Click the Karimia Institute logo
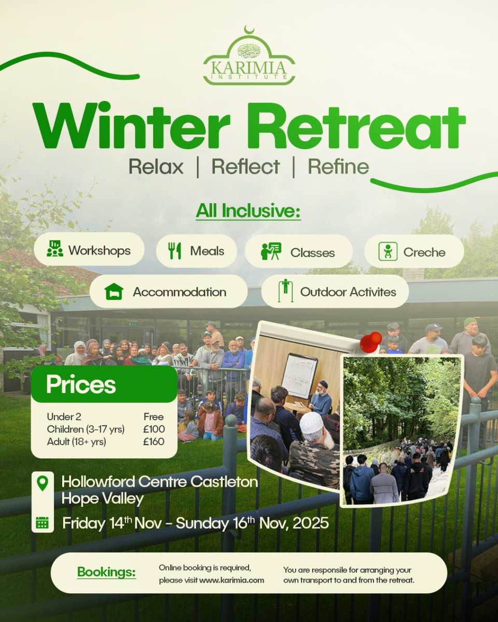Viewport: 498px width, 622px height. pos(249,57)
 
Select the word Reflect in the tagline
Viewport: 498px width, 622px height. pos(245,167)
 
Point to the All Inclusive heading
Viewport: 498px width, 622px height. pos(248,213)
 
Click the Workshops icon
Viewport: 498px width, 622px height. pos(54,249)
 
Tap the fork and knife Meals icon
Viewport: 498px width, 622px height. pos(175,251)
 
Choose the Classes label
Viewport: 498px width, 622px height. pos(312,252)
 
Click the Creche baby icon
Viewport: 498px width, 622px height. pos(388,251)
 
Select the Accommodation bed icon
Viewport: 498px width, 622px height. pos(113,292)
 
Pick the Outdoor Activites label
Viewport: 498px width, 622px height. pos(348,292)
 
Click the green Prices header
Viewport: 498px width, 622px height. pos(104,385)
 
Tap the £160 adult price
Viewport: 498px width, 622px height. pos(154,442)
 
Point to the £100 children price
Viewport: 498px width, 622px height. pos(154,429)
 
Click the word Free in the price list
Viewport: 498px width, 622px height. pos(154,417)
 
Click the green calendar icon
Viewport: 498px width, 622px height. pos(42,522)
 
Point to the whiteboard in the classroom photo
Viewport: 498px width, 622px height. pos(299,376)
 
